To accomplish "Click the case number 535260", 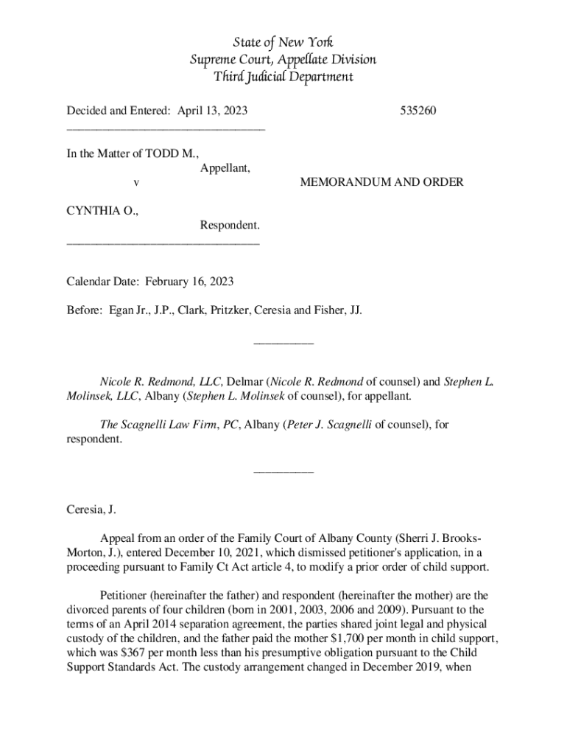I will pyautogui.click(x=418, y=111).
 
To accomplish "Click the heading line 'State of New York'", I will pyautogui.click(x=283, y=42).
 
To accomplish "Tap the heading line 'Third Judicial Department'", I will pyautogui.click(x=283, y=77).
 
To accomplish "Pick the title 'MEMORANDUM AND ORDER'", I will pyautogui.click(x=381, y=181).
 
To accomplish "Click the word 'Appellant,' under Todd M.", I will pyautogui.click(x=225, y=167).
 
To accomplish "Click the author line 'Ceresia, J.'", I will pyautogui.click(x=91, y=509).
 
